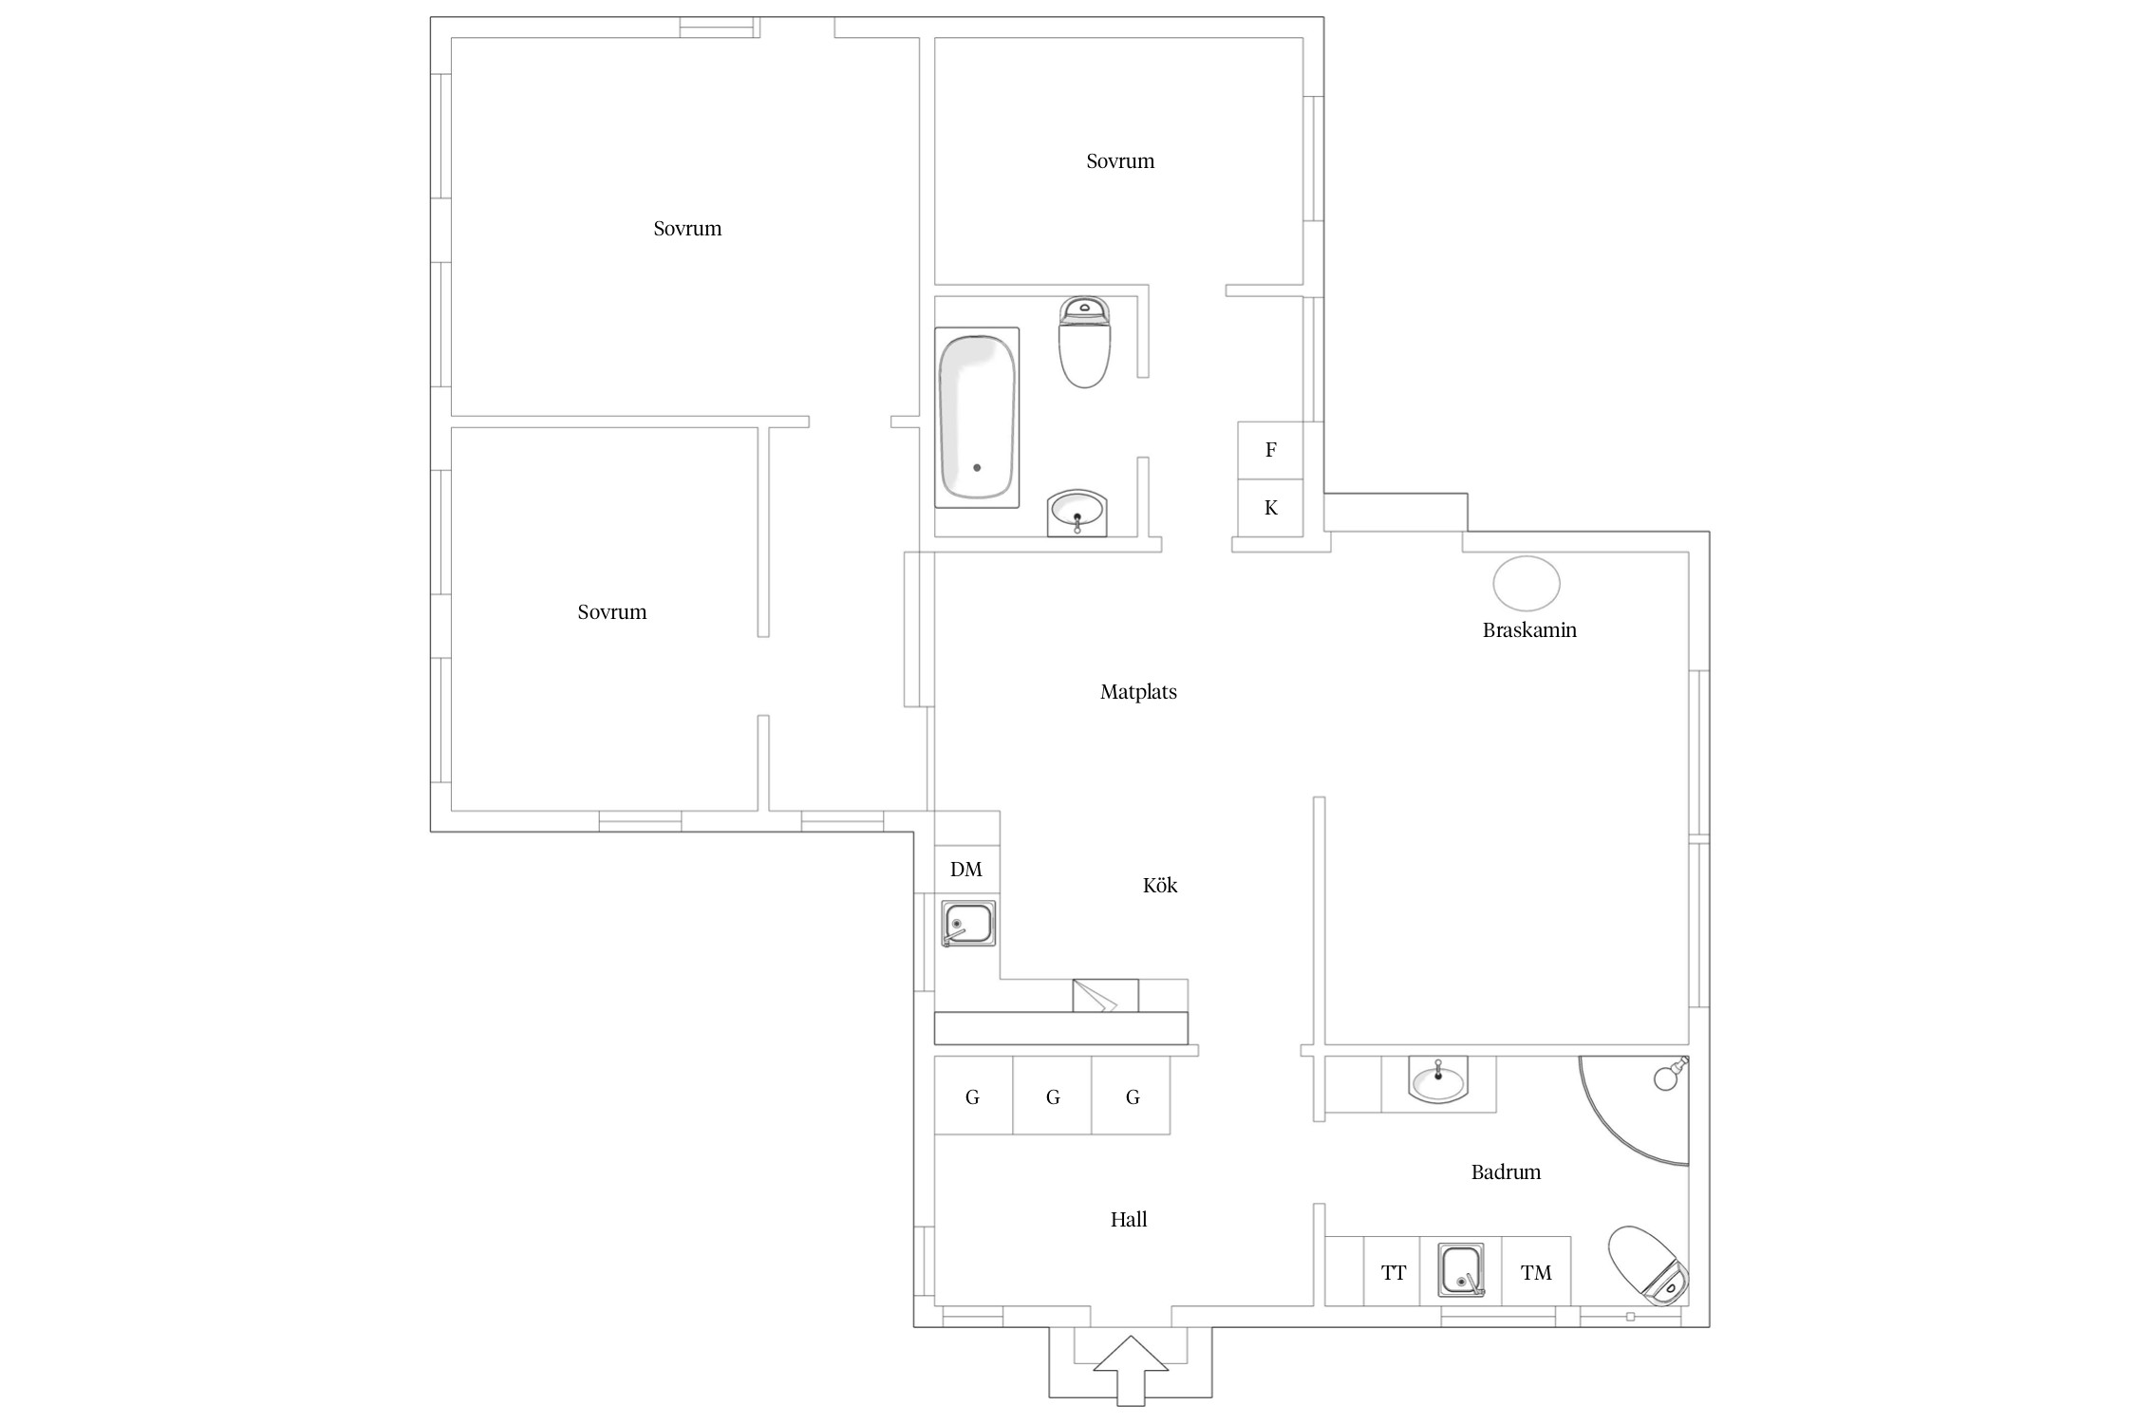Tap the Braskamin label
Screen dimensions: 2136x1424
pos(1529,630)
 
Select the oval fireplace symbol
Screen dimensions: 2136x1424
pos(1526,584)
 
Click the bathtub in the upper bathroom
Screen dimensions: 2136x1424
pos(977,418)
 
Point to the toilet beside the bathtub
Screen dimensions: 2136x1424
pos(1084,342)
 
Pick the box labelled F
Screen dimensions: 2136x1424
pos(1270,450)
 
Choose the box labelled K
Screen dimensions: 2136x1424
pos(1270,508)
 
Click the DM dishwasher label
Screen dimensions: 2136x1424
pos(966,870)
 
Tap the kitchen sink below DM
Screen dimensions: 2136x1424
pos(968,924)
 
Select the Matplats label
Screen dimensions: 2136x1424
pos(1138,692)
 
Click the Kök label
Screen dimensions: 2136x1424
pos(1160,886)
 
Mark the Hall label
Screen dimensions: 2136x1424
pos(1129,1220)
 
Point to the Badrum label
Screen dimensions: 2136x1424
pos(1506,1172)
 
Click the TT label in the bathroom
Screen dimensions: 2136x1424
pos(1394,1273)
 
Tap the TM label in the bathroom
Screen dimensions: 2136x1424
pos(1536,1273)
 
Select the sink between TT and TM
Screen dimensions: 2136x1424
pos(1461,1270)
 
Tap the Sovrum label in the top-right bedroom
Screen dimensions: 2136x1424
pos(1120,161)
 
